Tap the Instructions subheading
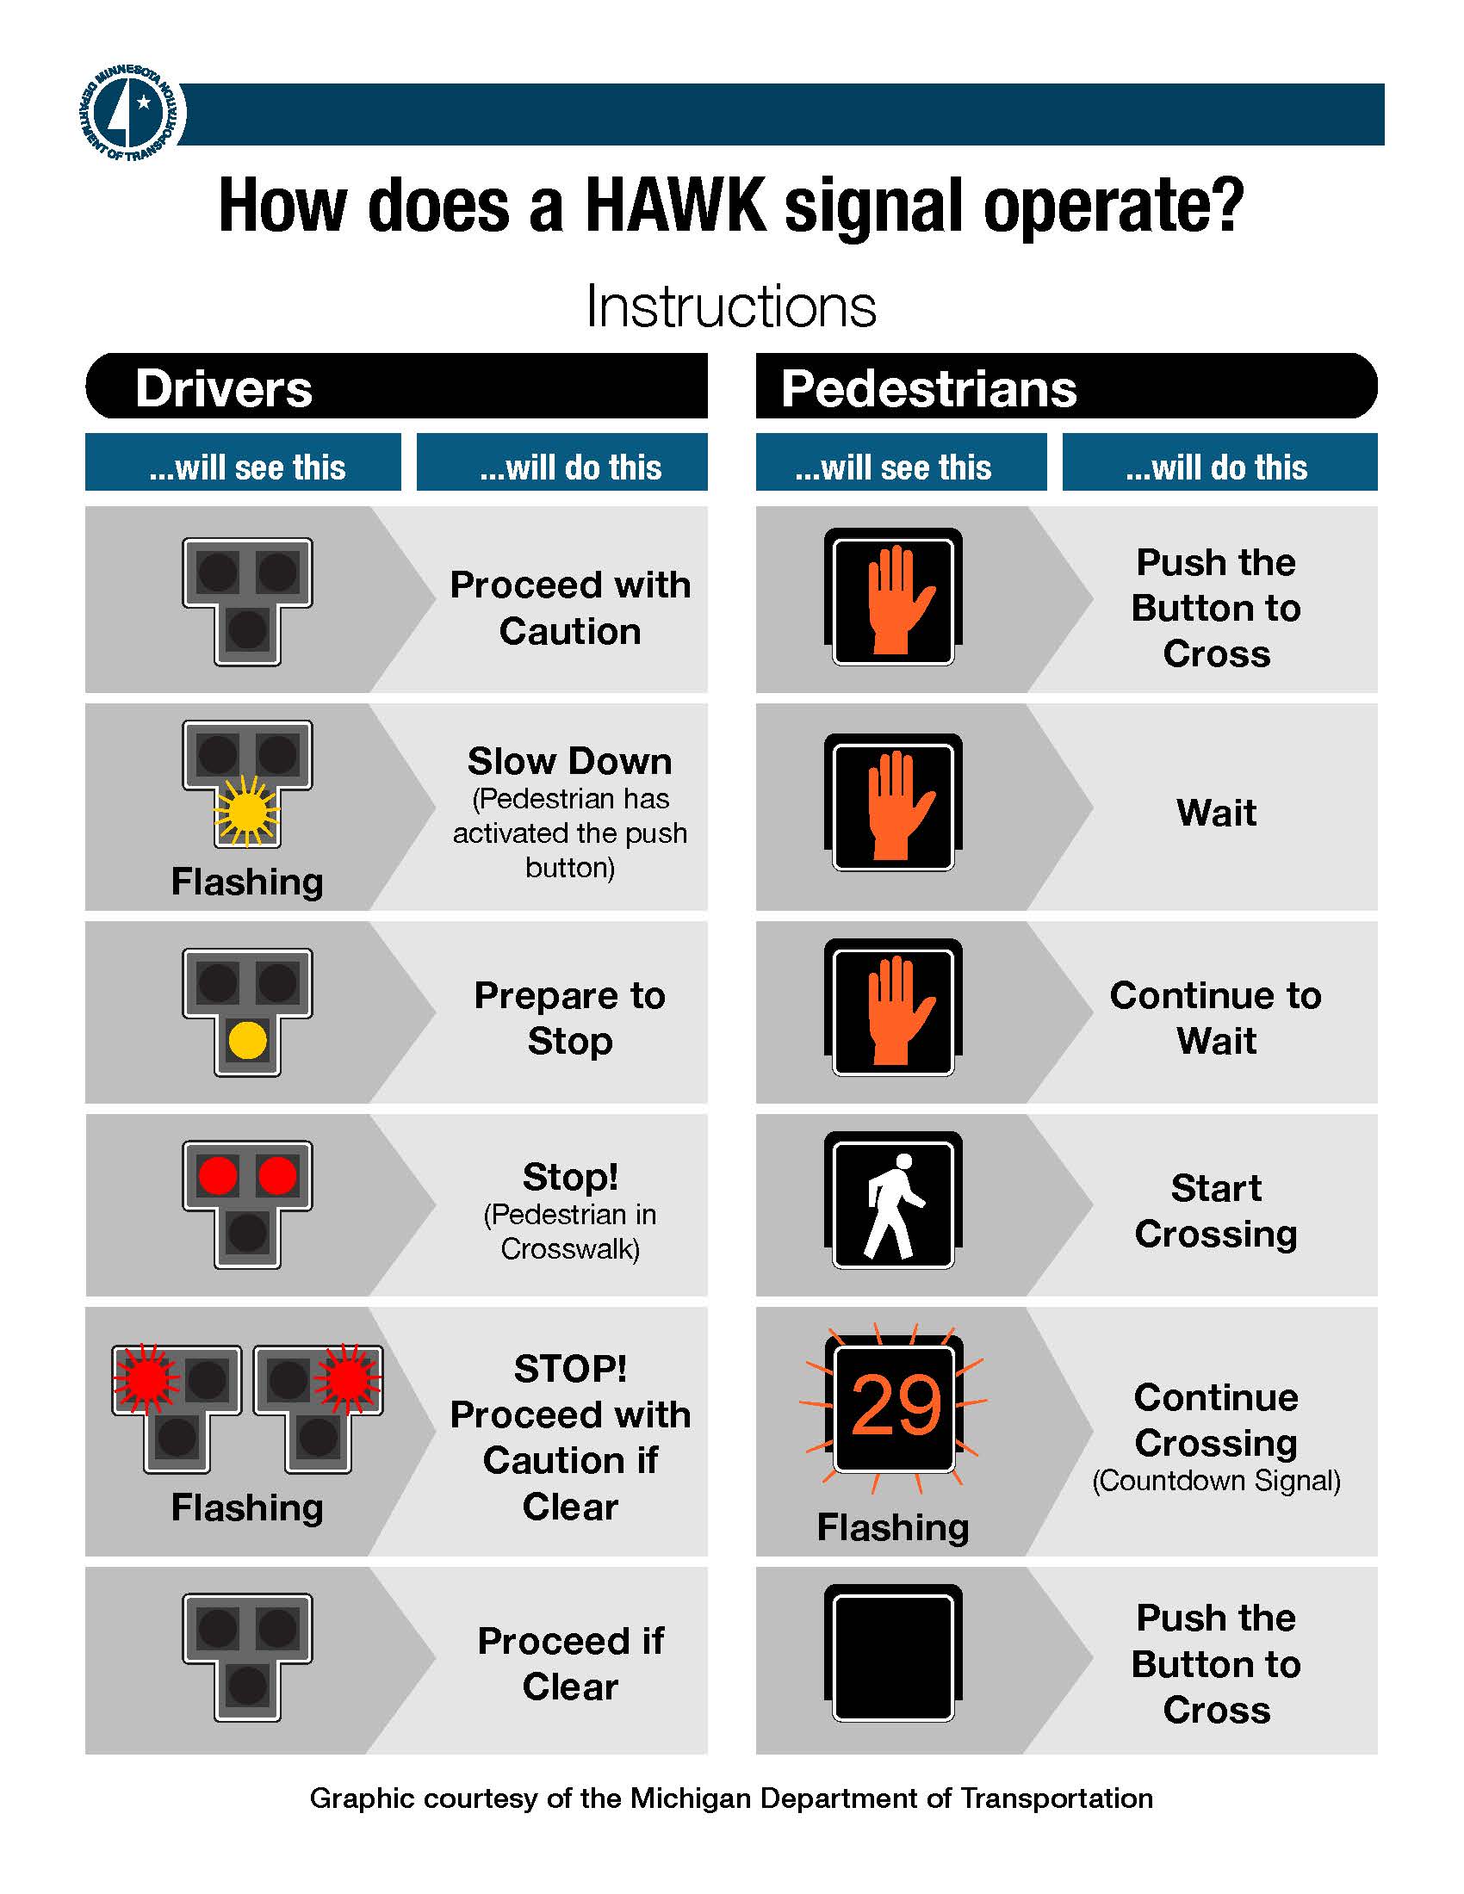731,306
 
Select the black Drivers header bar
396,387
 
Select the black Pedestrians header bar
1066,387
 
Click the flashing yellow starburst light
247,812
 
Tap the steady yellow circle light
247,1040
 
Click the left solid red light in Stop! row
218,1175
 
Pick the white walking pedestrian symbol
893,1205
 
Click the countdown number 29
895,1404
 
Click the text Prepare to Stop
570,1018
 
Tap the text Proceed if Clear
570,1662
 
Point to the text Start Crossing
1216,1210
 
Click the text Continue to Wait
1216,1018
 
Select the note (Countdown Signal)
1216,1481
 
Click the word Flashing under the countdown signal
892,1527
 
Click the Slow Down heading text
570,760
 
